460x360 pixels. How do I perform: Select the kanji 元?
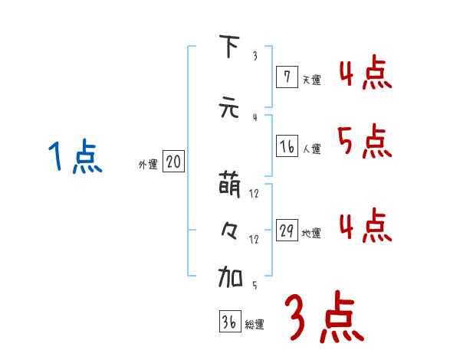228,108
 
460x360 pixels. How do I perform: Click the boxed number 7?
285,76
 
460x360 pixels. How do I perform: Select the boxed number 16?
285,147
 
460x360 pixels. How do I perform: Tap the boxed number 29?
285,231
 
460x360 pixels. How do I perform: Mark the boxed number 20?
173,162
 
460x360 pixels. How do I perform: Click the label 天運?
311,79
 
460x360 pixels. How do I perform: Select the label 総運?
255,325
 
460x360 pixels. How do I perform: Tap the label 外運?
148,164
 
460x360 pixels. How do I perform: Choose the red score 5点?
363,141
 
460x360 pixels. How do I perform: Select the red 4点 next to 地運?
363,227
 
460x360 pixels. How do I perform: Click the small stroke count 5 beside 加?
254,286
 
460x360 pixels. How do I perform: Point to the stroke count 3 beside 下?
254,56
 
